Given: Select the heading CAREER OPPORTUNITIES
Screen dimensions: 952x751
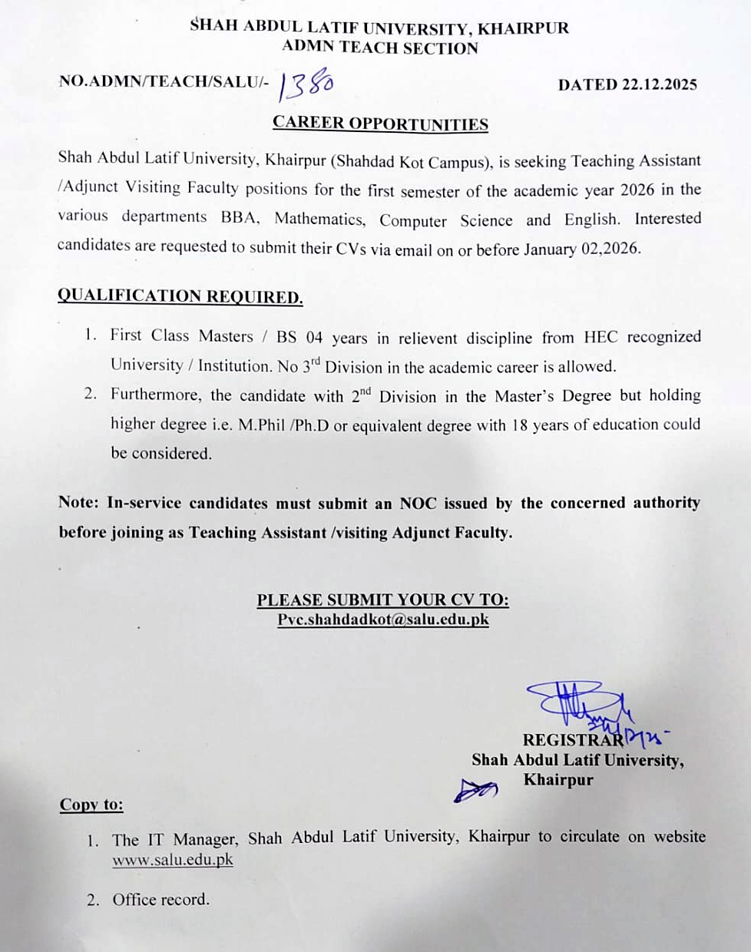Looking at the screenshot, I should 380,124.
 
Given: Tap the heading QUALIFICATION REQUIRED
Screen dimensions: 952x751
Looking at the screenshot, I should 180,296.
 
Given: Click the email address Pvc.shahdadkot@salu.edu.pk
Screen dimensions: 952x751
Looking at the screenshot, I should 382,620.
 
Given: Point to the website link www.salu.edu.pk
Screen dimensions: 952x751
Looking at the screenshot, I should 173,860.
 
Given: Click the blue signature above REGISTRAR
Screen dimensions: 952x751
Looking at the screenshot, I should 576,702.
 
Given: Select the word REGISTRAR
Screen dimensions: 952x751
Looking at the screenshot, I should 572,740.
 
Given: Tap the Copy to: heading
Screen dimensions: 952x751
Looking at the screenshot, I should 91,805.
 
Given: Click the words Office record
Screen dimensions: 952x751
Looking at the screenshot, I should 160,900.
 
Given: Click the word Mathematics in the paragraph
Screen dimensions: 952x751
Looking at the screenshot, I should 319,219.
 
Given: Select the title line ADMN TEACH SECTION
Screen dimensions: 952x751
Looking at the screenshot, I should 379,48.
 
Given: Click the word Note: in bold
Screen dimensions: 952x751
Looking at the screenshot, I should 78,503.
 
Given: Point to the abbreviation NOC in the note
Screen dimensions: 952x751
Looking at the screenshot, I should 418,504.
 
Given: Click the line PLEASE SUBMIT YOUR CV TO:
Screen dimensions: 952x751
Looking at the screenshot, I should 382,600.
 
